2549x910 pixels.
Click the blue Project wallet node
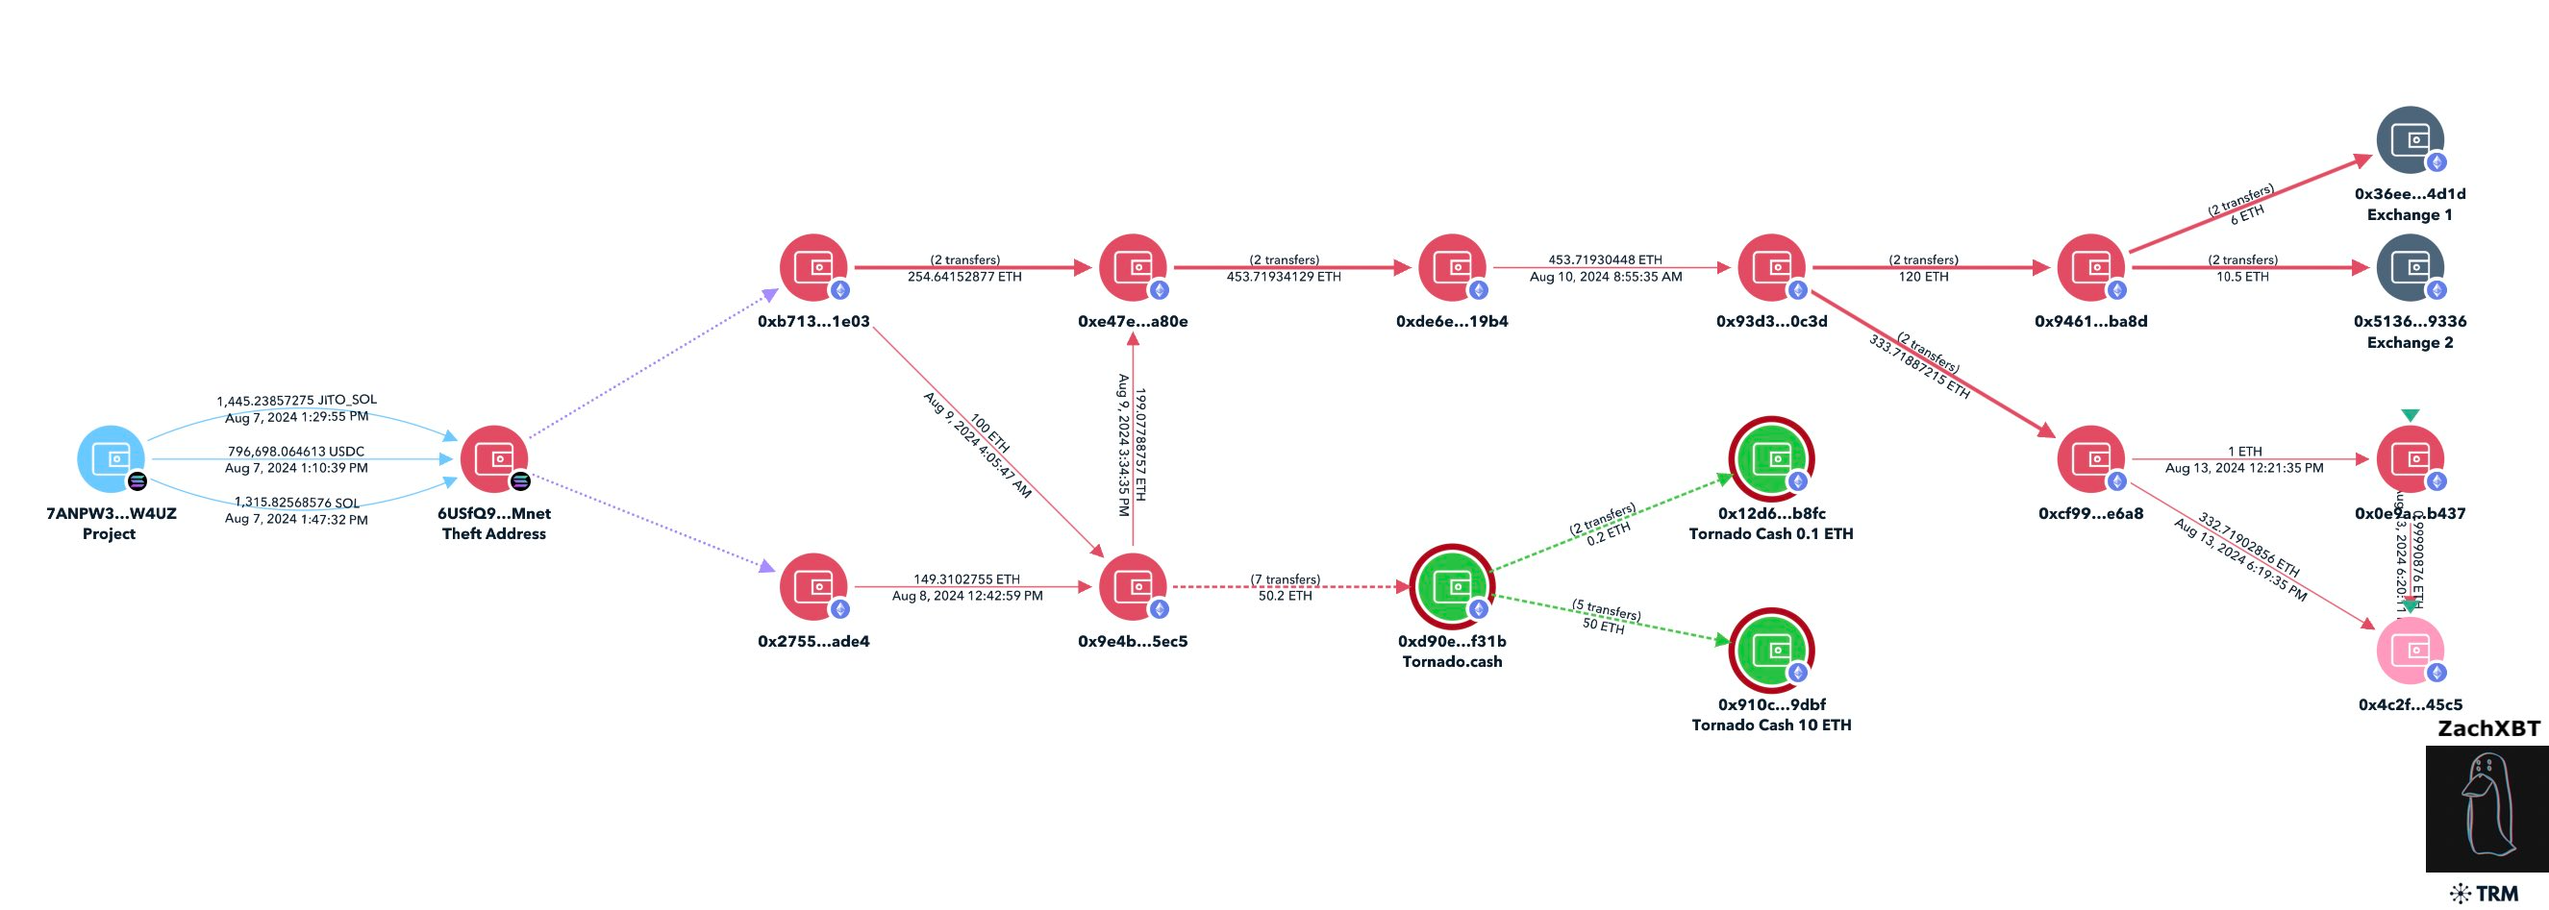111,459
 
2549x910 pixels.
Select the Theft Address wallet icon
494,459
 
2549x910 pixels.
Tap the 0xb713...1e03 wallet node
813,267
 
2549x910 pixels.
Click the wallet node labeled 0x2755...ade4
813,586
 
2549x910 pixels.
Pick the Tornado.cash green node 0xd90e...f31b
1452,586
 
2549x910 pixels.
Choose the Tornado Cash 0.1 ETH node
1771,459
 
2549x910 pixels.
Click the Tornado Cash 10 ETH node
1771,650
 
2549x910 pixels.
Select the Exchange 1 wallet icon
2410,139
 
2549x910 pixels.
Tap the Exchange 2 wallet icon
2410,267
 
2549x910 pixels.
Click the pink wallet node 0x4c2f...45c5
2410,650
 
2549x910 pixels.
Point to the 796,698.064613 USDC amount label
296,451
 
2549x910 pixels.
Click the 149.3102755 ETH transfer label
965,578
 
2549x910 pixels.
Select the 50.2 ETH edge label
1285,596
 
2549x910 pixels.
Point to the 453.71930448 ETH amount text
1605,259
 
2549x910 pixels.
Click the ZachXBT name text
2487,729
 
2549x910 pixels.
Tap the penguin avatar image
2487,808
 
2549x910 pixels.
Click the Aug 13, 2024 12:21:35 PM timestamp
2243,468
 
